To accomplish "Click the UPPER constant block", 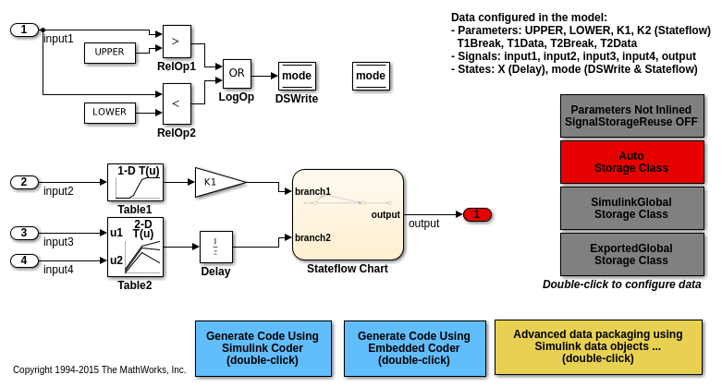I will coord(109,53).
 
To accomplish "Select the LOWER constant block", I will coord(109,113).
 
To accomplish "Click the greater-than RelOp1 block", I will coord(176,42).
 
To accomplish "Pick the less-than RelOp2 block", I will coord(176,103).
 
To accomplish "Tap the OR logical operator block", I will coord(236,74).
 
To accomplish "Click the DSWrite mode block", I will coord(297,76).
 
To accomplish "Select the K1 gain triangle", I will coord(217,182).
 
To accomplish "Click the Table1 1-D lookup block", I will coord(135,182).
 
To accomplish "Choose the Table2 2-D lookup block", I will coord(135,247).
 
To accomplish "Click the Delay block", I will coord(215,247).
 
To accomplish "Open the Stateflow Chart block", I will coord(348,214).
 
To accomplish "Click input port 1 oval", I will coord(24,30).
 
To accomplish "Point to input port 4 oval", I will coord(24,260).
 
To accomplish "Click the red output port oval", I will coord(477,214).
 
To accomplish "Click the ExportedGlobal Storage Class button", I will coord(631,254).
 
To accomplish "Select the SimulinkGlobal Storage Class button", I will coord(631,208).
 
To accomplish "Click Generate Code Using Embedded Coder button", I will coord(414,348).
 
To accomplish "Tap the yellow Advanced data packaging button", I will coord(597,346).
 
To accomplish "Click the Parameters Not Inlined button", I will coord(631,115).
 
